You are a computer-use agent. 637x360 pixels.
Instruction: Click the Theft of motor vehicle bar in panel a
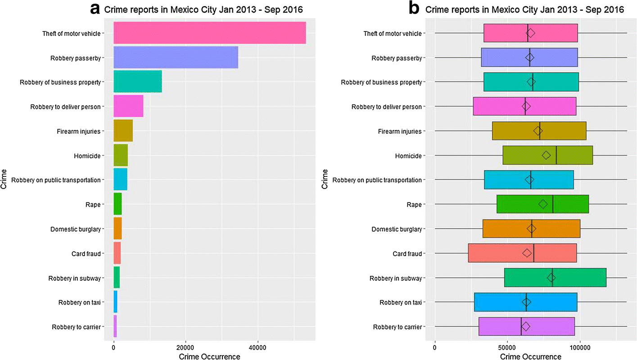[209, 33]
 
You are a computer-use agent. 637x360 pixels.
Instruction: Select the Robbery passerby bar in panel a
[176, 57]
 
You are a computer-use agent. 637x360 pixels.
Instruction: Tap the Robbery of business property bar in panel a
[137, 82]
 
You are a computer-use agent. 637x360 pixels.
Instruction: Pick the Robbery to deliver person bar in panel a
[128, 106]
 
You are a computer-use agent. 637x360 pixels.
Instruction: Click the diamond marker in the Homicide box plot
[546, 155]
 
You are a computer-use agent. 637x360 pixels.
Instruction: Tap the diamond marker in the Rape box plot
[543, 204]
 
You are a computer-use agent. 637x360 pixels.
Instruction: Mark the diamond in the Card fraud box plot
[527, 253]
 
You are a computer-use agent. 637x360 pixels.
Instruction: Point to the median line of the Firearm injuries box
[540, 131]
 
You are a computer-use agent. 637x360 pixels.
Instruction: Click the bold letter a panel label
[95, 9]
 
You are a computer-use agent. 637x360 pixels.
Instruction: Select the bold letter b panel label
[414, 9]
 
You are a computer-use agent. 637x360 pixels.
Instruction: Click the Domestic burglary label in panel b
[396, 229]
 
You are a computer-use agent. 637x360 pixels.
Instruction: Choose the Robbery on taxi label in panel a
[79, 302]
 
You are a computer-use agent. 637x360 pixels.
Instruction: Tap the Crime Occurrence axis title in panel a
[209, 356]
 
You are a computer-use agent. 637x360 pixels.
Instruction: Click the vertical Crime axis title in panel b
[326, 180]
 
